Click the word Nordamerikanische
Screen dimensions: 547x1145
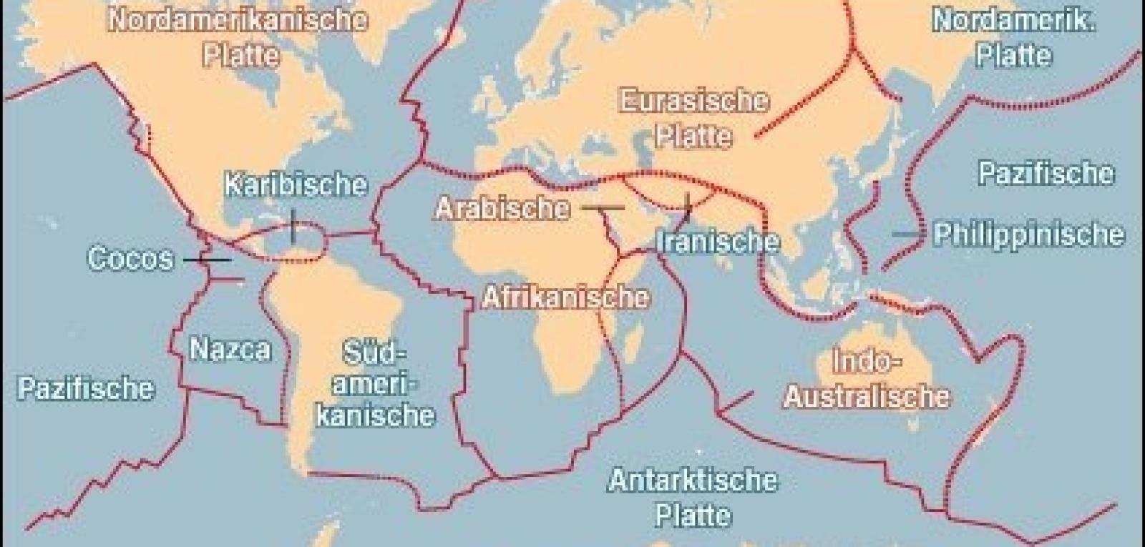click(238, 19)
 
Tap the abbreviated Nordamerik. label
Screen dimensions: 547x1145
click(1013, 21)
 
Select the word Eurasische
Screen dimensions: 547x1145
click(693, 101)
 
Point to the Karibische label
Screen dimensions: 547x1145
click(296, 184)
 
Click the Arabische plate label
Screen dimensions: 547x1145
click(503, 208)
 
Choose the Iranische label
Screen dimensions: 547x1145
click(718, 241)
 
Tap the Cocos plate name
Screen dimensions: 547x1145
click(130, 258)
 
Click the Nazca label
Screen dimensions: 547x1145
click(230, 349)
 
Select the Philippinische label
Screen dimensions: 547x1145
click(1028, 235)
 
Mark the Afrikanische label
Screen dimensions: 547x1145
click(565, 297)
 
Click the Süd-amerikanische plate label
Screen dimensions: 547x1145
click(375, 384)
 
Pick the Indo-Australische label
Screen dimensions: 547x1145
click(867, 379)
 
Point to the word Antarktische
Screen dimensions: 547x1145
click(692, 480)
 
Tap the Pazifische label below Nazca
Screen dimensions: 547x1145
click(85, 388)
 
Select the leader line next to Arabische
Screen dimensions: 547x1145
click(602, 208)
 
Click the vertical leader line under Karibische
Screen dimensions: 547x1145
click(293, 225)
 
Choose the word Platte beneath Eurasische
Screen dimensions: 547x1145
click(693, 136)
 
